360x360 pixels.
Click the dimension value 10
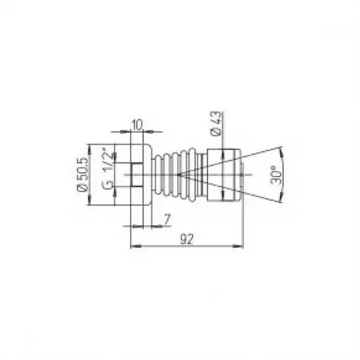(x=137, y=125)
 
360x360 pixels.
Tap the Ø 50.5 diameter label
(x=81, y=174)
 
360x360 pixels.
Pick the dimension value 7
(x=167, y=219)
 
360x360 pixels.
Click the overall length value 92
(x=186, y=239)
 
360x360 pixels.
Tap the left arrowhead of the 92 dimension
(x=135, y=246)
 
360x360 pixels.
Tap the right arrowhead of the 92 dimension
(x=238, y=246)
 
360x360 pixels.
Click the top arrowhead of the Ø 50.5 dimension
(x=90, y=149)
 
